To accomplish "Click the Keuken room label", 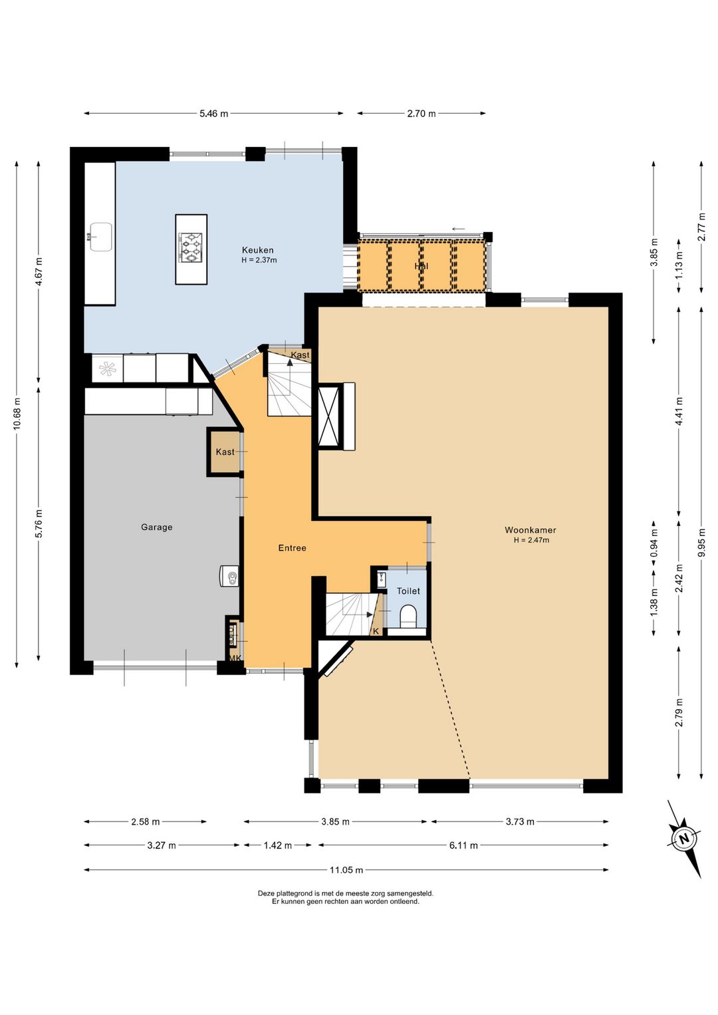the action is click(257, 250).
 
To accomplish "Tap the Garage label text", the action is click(156, 527).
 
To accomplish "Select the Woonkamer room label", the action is click(531, 529).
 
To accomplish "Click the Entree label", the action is click(292, 548).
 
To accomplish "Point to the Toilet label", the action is click(408, 591).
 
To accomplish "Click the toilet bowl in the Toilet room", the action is click(408, 617).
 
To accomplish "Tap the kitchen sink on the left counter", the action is click(101, 236).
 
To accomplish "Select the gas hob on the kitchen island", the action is click(191, 247).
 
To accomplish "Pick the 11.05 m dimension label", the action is click(346, 869).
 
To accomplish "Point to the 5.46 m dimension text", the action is click(214, 114).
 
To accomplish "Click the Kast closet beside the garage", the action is click(225, 452).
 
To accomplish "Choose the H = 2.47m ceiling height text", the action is click(531, 540).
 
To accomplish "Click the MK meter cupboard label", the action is click(235, 658).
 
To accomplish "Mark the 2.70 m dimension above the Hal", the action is click(421, 114).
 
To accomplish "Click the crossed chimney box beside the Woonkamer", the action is click(329, 416).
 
